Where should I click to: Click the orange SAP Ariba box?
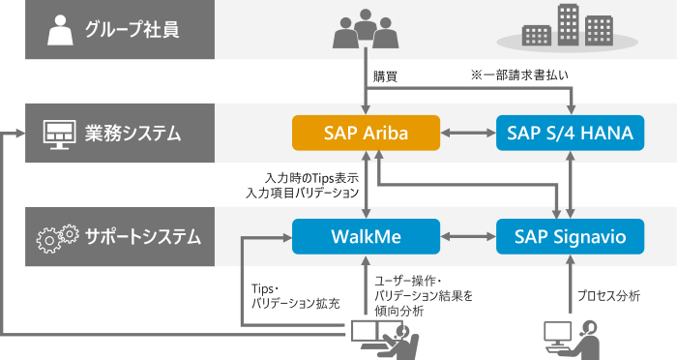pos(366,133)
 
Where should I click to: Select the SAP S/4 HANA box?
pos(569,133)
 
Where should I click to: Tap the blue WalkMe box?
pos(366,235)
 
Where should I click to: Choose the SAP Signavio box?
pos(569,235)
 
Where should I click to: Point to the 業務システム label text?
pos(133,133)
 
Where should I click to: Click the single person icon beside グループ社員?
pos(60,30)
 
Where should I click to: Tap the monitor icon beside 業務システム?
pos(60,134)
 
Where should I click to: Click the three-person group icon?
pos(366,29)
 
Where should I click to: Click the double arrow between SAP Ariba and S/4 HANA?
pos(467,133)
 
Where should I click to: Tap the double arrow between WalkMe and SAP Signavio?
pos(467,235)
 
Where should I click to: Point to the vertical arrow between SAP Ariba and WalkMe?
pos(366,184)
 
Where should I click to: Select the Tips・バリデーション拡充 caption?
pos(295,296)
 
